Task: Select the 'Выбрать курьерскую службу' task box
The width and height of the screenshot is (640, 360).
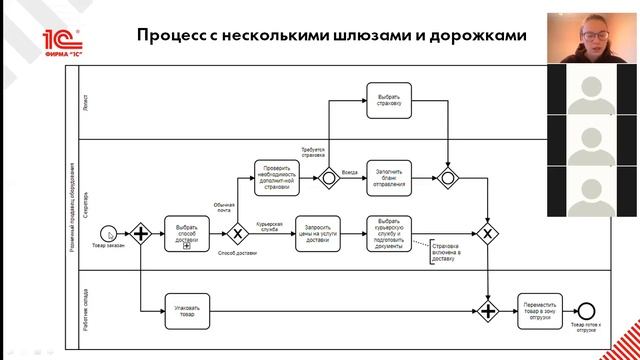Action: [x=389, y=234]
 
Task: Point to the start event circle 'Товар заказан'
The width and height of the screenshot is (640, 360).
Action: [x=111, y=234]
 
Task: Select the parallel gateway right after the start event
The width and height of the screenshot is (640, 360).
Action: [x=141, y=234]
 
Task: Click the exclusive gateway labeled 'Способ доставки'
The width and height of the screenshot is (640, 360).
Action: [x=237, y=234]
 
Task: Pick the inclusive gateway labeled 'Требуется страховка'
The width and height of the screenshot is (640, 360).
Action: [x=326, y=178]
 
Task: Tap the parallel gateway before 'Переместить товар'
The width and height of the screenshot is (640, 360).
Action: [x=487, y=311]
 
